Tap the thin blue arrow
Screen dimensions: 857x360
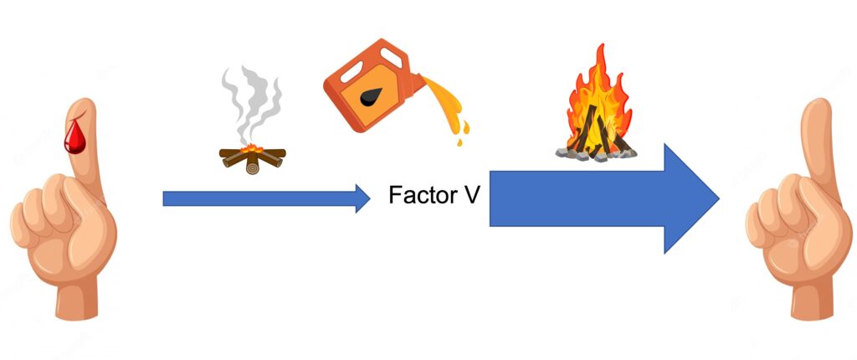tap(266, 198)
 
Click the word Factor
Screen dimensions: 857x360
tap(421, 195)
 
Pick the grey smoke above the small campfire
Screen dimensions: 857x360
tap(251, 104)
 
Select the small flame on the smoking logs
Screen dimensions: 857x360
tap(251, 147)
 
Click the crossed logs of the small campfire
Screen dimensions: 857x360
tap(252, 160)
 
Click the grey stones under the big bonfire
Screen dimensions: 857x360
tap(596, 154)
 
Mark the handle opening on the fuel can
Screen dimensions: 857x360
tap(393, 56)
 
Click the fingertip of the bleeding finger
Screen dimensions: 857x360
tap(81, 105)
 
